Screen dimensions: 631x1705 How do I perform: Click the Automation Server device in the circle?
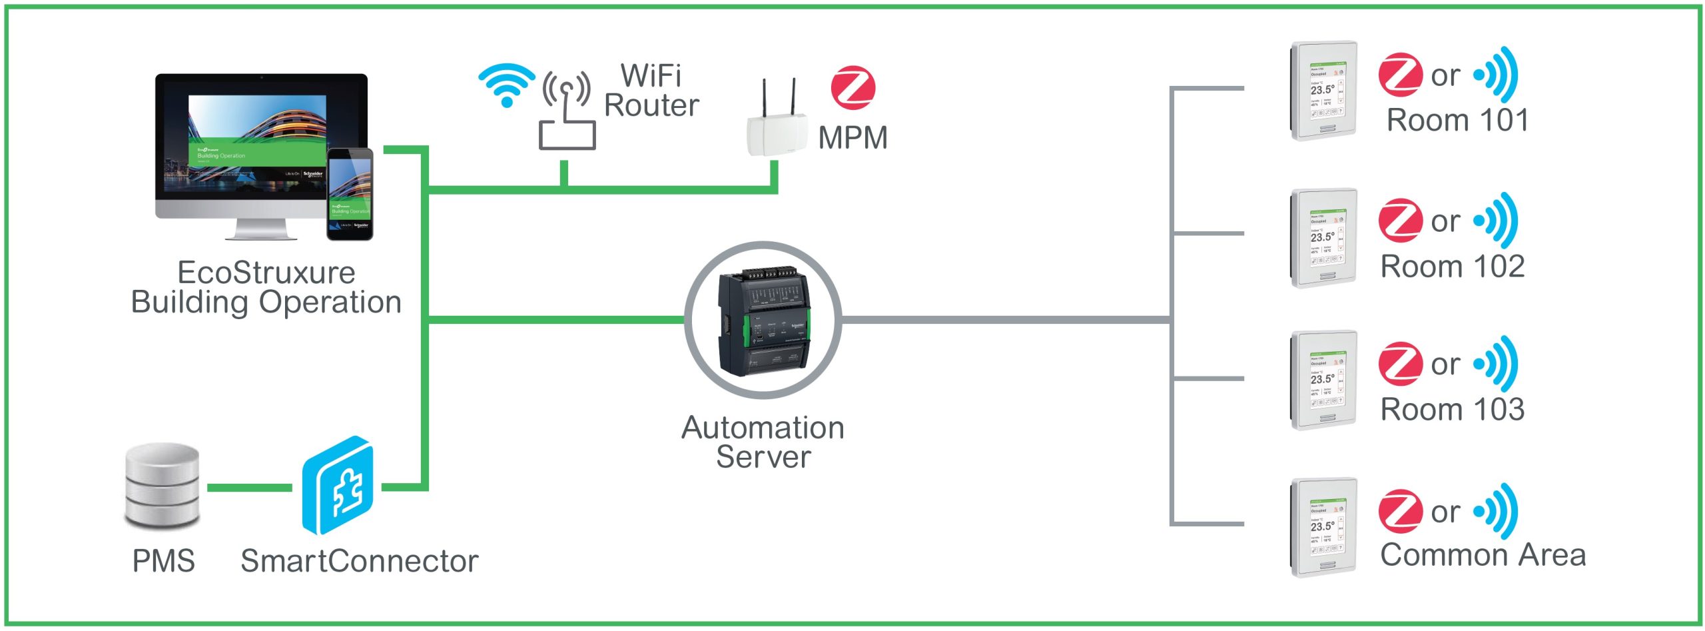point(763,321)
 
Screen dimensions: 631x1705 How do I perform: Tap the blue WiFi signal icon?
point(506,84)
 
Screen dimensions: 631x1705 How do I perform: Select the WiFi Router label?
point(651,91)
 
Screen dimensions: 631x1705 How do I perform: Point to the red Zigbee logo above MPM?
point(852,88)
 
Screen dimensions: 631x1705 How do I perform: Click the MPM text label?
point(852,138)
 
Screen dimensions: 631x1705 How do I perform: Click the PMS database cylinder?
point(163,486)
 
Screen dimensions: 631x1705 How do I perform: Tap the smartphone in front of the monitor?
point(350,194)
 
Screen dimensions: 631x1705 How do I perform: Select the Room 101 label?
point(1457,121)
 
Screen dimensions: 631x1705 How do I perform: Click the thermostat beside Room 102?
point(1323,238)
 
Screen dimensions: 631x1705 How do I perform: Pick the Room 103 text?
point(1453,409)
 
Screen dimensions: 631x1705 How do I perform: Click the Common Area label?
point(1483,555)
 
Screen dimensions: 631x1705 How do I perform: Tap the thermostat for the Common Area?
point(1323,527)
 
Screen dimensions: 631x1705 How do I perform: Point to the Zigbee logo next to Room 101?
point(1400,75)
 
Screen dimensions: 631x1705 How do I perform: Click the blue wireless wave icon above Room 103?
point(1497,364)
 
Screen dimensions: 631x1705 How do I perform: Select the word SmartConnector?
point(360,561)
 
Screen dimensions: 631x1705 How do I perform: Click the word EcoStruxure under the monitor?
point(266,273)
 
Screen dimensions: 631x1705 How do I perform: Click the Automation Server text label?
point(763,442)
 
